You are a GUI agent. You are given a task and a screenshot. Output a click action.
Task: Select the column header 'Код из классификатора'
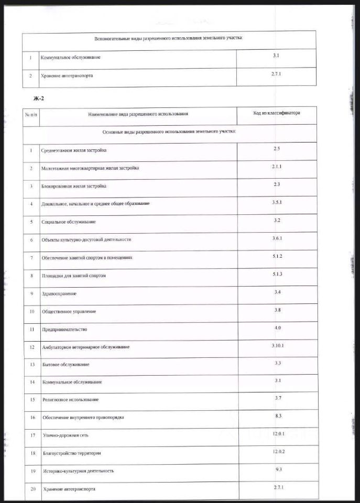point(277,113)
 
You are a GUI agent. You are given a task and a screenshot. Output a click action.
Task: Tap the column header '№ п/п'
point(31,114)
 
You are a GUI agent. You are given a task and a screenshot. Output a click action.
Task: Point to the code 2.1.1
point(277,167)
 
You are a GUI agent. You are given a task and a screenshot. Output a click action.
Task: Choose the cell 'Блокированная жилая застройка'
point(74,186)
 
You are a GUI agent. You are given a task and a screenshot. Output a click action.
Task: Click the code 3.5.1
point(277,202)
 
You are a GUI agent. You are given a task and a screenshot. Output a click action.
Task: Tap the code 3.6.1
point(277,238)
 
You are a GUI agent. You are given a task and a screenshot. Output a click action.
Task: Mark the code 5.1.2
point(277,256)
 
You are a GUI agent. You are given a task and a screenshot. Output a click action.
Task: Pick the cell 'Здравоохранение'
point(59,293)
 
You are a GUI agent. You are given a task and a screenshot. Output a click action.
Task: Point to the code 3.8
point(277,310)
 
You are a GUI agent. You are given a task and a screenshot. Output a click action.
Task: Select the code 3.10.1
point(277,346)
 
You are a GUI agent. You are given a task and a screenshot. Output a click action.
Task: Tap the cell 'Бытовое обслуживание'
point(66,364)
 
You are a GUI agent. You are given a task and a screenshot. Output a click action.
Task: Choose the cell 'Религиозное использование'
point(70,400)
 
